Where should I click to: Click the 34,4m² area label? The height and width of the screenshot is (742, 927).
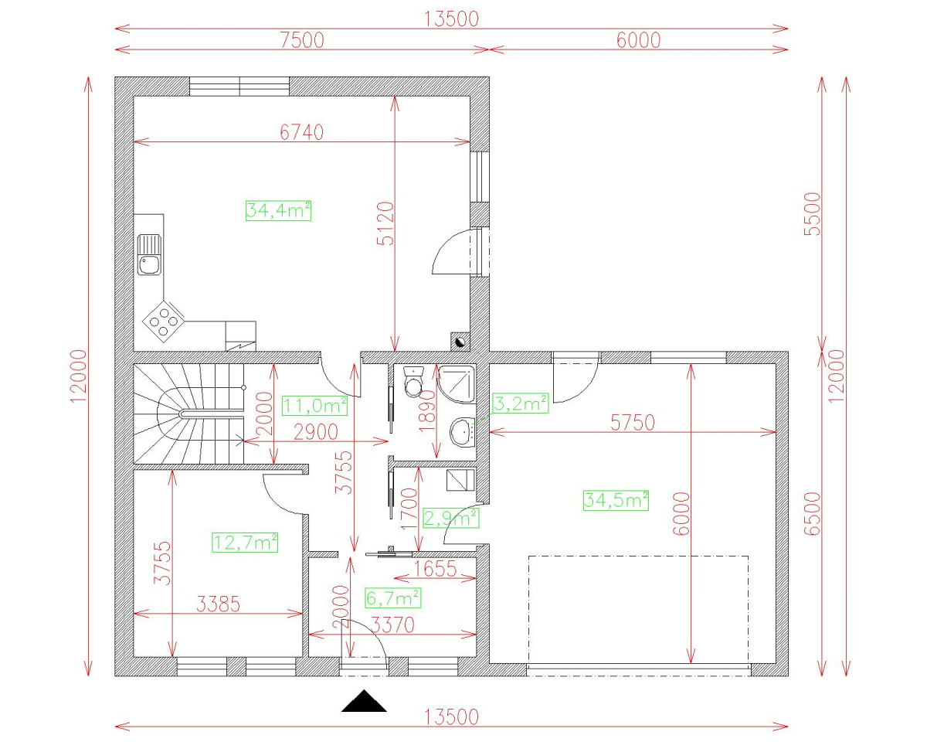point(278,211)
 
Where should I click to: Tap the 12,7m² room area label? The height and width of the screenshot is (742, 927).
point(245,543)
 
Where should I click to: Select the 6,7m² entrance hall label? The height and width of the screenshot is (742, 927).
point(393,598)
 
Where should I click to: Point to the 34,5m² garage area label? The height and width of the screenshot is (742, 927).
point(616,500)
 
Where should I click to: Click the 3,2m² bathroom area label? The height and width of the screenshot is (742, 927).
point(521,403)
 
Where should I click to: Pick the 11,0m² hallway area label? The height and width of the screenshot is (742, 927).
point(314,406)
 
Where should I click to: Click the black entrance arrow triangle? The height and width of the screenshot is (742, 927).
point(364,700)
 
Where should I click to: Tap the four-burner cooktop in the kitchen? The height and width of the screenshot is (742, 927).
point(164,322)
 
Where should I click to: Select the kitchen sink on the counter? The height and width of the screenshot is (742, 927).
point(149,255)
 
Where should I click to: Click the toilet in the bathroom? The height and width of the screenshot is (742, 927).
point(414,382)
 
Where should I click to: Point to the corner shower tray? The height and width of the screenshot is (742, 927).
point(457,383)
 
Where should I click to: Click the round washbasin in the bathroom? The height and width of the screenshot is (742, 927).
point(462,431)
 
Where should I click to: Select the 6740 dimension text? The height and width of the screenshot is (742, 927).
point(301,132)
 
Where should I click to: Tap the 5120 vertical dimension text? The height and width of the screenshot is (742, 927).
point(385,223)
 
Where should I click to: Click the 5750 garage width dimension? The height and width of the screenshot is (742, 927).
point(633,423)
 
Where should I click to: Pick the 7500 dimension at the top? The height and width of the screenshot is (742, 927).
point(302,40)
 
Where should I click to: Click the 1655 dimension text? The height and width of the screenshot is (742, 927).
point(435,569)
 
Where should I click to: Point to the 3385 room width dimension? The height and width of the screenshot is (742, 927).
point(218,604)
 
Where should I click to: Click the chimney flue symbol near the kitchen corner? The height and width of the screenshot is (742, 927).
point(460,342)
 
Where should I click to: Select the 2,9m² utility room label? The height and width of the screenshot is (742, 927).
point(450,518)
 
